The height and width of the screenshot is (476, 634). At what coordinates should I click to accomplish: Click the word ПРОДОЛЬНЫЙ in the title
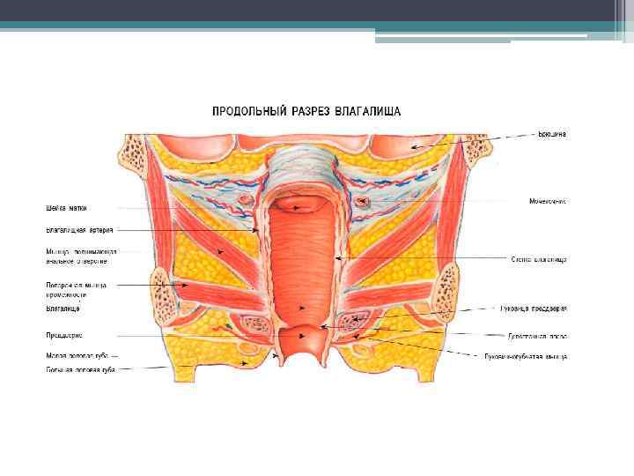click(x=245, y=111)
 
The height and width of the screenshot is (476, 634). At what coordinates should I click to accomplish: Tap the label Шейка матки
click(x=66, y=209)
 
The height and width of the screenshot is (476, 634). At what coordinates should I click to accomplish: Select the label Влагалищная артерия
click(x=79, y=230)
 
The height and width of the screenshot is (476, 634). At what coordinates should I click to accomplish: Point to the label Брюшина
click(x=552, y=134)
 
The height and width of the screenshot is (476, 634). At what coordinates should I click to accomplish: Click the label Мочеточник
click(x=547, y=202)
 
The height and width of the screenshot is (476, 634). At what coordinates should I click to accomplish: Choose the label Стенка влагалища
click(x=538, y=259)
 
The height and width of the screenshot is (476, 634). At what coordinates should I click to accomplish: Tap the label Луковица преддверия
click(x=539, y=309)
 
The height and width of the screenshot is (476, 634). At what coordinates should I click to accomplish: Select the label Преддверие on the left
click(x=63, y=335)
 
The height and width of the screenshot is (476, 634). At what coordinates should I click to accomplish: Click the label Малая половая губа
click(x=77, y=354)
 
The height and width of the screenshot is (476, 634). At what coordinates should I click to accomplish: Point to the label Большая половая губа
click(x=80, y=369)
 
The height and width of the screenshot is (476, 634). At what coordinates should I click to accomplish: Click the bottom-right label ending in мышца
click(x=526, y=357)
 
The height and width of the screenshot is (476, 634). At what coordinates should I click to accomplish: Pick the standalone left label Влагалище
click(x=63, y=309)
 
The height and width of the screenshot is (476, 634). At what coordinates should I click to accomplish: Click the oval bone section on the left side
click(x=163, y=287)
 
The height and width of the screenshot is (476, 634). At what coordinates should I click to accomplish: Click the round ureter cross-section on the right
click(x=362, y=205)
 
